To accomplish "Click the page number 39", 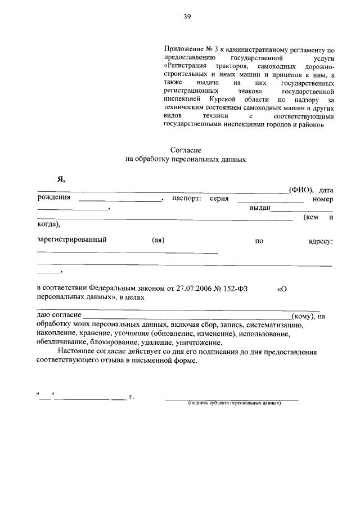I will [187, 17].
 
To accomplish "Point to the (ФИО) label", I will [301, 189].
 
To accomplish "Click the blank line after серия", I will [271, 201].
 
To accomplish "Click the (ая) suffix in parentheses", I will [158, 240].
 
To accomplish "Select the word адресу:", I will [321, 241].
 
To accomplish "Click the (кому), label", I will [303, 316].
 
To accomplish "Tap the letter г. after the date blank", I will [132, 397].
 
